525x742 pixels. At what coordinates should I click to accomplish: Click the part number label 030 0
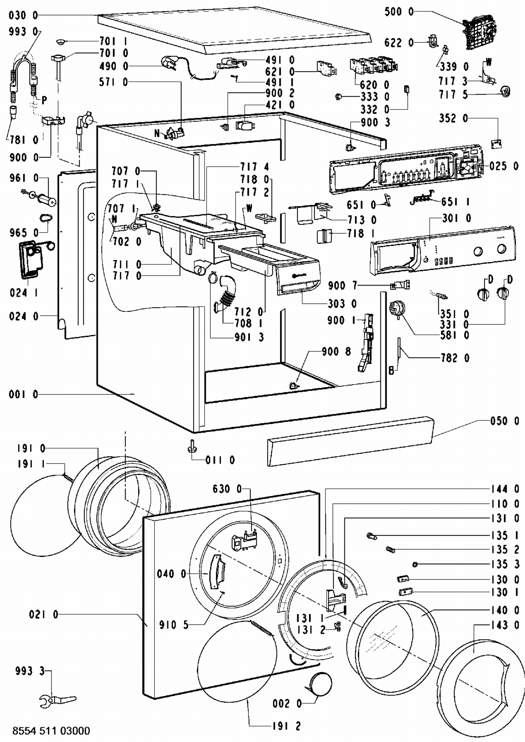[x=23, y=15]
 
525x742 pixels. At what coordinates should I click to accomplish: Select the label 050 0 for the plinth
[x=505, y=421]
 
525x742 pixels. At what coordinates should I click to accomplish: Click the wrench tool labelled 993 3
[x=58, y=700]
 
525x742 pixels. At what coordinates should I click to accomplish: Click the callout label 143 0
[x=505, y=625]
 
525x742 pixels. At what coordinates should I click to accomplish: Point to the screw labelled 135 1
[x=371, y=536]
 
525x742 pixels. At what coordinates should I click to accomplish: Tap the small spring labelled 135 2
[x=390, y=550]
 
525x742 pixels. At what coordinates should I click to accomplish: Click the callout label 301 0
[x=456, y=219]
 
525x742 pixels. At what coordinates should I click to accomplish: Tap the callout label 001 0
[x=23, y=394]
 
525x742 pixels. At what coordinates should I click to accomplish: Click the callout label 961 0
[x=24, y=178]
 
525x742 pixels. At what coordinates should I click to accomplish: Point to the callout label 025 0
[x=504, y=166]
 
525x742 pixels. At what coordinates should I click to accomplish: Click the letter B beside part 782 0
[x=392, y=371]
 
